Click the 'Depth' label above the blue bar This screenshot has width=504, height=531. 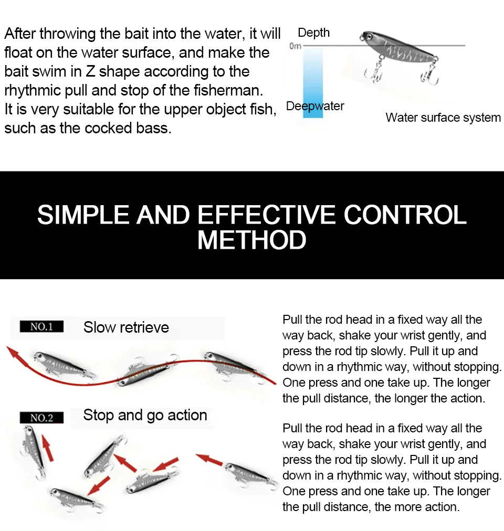pos(313,33)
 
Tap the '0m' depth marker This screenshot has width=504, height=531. pos(295,46)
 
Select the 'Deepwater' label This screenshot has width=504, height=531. pos(315,107)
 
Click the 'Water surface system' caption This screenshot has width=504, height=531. pos(443,118)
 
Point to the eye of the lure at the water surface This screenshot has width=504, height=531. pos(370,36)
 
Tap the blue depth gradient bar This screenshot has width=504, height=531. pos(313,82)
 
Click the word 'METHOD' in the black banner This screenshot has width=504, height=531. pos(252,240)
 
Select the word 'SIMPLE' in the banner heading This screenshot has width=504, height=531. pos(83,215)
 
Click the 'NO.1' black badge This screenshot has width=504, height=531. pos(41,326)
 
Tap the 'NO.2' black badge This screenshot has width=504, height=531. pos(41,418)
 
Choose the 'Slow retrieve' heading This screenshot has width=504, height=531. pos(126,327)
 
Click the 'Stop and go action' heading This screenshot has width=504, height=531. pos(145,415)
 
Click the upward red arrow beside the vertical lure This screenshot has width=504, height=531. pos(47,448)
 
